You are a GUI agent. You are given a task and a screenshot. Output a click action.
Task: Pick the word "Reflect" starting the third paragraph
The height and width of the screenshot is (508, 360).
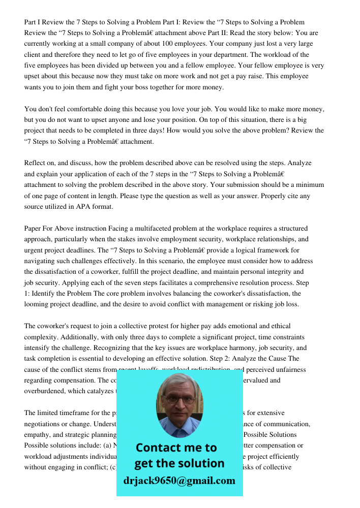tap(36, 163)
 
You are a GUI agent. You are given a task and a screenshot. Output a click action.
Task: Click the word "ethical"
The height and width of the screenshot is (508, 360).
tap(278, 326)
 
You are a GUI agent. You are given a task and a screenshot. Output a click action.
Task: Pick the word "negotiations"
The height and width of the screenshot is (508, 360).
tap(46, 424)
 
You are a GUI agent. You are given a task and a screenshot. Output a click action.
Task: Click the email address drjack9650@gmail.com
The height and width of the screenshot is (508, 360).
tap(179, 481)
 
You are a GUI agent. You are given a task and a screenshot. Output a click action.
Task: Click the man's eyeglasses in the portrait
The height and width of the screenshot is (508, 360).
tap(180, 399)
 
